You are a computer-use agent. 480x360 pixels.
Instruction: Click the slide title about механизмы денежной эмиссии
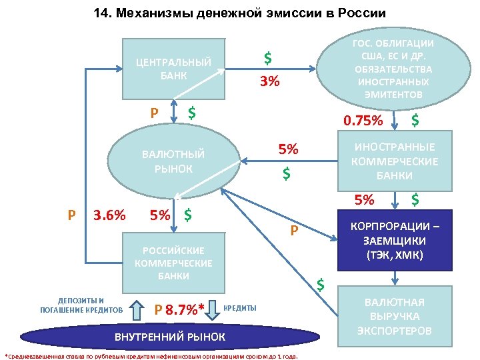pos(239,14)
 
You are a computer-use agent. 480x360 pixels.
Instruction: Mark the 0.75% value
pos(363,121)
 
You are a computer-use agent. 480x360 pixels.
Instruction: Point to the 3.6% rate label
pos(109,215)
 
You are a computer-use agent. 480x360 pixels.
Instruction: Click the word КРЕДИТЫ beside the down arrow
pos(239,307)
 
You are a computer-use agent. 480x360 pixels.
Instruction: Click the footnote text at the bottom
pos(151,355)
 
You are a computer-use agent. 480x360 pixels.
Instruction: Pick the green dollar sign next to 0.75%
pos(415,120)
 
